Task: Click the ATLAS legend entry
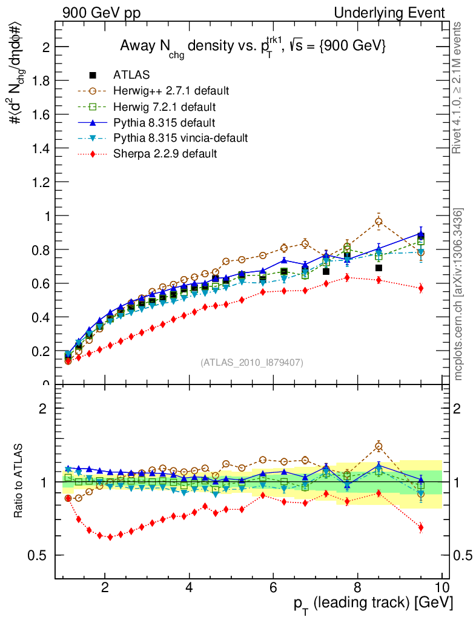click(x=131, y=75)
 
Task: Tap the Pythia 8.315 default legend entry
click(x=164, y=122)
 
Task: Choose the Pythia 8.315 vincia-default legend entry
click(x=180, y=138)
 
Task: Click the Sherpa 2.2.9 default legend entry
click(x=165, y=154)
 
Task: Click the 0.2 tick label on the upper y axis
click(x=41, y=351)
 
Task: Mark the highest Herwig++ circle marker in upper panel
click(x=378, y=222)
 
